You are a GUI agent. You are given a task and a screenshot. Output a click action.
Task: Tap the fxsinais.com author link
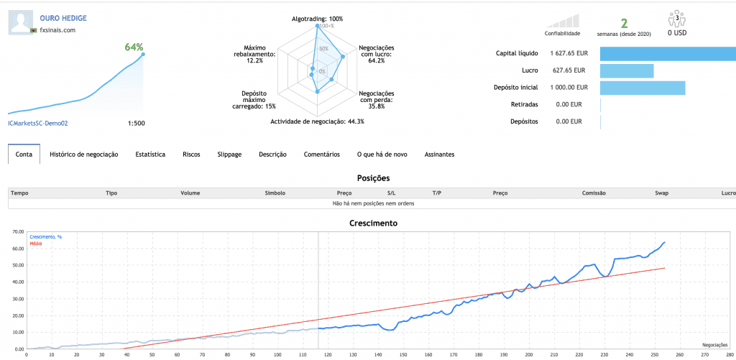57,29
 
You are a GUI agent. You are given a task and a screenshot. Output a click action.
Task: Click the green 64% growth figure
134,47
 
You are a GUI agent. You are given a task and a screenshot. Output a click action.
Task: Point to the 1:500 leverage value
136,123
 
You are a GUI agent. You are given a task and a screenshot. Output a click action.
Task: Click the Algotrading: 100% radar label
317,18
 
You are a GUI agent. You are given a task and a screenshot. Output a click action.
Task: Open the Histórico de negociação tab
83,154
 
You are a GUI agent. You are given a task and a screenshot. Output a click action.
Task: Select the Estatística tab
150,154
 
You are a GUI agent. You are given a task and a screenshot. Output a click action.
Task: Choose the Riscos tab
191,154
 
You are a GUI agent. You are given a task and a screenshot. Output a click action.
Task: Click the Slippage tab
229,154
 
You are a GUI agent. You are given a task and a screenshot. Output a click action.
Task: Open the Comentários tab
321,154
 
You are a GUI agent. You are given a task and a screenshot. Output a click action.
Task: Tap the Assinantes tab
439,154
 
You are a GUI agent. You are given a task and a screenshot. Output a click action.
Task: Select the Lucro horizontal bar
627,70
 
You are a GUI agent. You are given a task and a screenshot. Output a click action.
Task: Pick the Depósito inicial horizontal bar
643,88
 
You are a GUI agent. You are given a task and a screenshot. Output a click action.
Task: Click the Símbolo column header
275,193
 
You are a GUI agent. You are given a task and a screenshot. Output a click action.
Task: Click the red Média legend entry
36,244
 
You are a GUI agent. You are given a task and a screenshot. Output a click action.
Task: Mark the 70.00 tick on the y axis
15,233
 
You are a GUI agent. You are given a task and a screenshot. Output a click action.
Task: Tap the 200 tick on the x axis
529,354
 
